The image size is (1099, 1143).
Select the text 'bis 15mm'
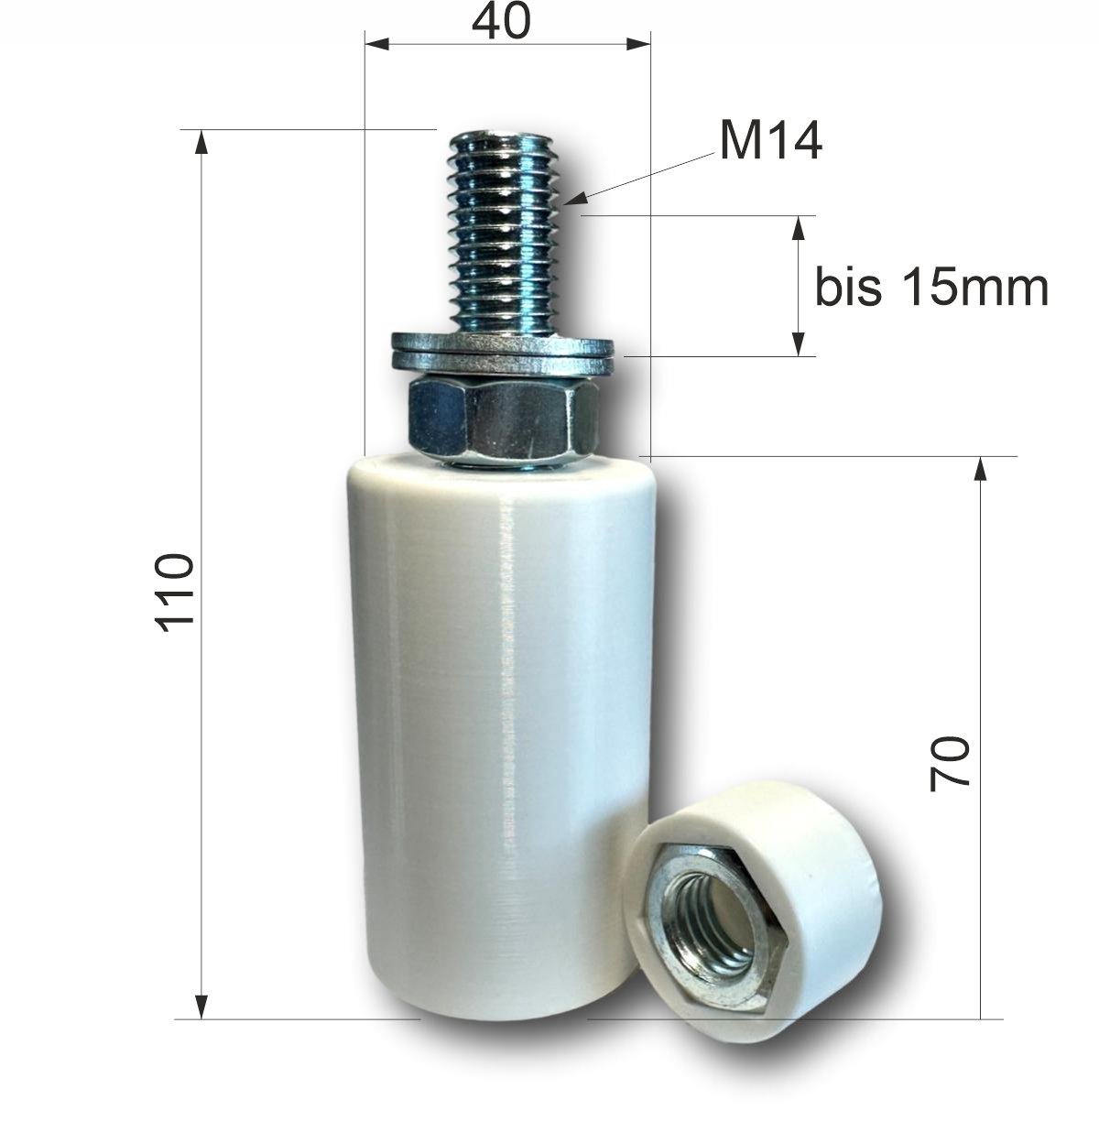coord(931,288)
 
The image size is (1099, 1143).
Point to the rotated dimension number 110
coord(174,592)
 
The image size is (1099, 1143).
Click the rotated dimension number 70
coord(949,765)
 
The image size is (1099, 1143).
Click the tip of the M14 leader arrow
coord(565,204)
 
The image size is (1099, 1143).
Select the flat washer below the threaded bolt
coord(502,353)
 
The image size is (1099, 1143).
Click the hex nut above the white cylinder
coord(504,419)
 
